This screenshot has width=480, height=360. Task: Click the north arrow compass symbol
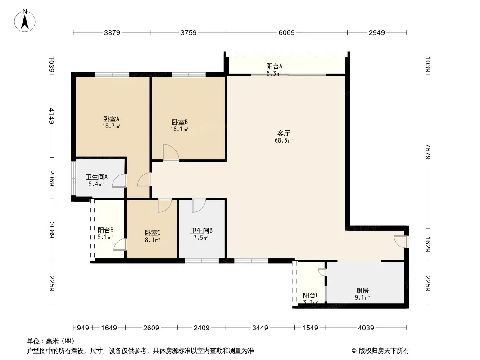pyautogui.click(x=25, y=21)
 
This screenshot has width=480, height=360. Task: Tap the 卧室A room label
pyautogui.click(x=111, y=119)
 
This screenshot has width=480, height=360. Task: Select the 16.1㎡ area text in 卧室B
pyautogui.click(x=179, y=130)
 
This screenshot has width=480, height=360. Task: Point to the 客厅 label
pyautogui.click(x=284, y=133)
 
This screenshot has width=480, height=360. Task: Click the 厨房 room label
pyautogui.click(x=362, y=290)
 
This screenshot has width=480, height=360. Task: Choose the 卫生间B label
pyautogui.click(x=201, y=230)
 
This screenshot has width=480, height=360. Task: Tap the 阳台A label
pyautogui.click(x=274, y=66)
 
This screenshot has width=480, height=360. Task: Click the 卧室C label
pyautogui.click(x=153, y=233)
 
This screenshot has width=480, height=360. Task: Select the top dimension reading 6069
pyautogui.click(x=286, y=32)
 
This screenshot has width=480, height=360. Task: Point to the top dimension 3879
pyautogui.click(x=112, y=32)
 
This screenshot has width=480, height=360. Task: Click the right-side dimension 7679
pyautogui.click(x=428, y=152)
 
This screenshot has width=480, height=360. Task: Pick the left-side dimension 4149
pyautogui.click(x=51, y=116)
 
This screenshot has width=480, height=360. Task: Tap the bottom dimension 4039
pyautogui.click(x=366, y=328)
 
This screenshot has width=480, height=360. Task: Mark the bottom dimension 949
pyautogui.click(x=83, y=328)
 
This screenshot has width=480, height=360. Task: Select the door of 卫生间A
pyautogui.click(x=119, y=180)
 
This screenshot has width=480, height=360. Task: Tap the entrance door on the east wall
pyautogui.click(x=400, y=242)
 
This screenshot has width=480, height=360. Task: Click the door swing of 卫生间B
pyautogui.click(x=199, y=206)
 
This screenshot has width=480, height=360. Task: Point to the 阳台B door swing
pyautogui.click(x=120, y=245)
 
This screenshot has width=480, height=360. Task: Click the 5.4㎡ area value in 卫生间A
pyautogui.click(x=96, y=184)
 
